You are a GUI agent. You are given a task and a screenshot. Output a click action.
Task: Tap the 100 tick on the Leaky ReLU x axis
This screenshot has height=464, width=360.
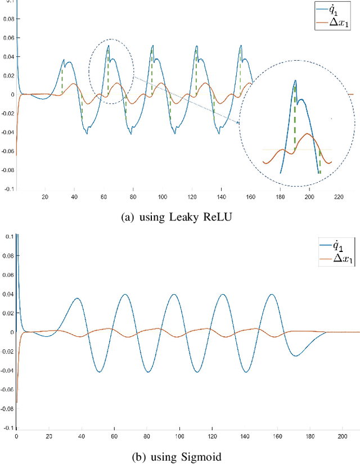(163, 197)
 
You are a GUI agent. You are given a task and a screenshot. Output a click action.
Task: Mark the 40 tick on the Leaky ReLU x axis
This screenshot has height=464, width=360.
(74, 197)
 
